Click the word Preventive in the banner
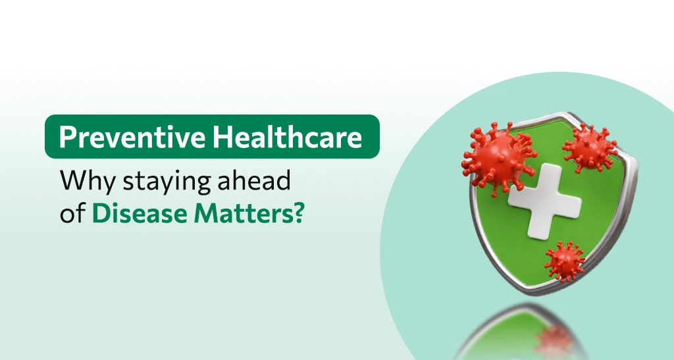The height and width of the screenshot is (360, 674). point(132,137)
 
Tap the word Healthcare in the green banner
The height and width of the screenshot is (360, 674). point(287,137)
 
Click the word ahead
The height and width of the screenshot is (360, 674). point(254,180)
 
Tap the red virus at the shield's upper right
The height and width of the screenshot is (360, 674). point(590,148)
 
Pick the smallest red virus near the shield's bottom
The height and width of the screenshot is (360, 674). point(564,261)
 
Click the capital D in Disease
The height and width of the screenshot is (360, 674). point(100,213)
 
